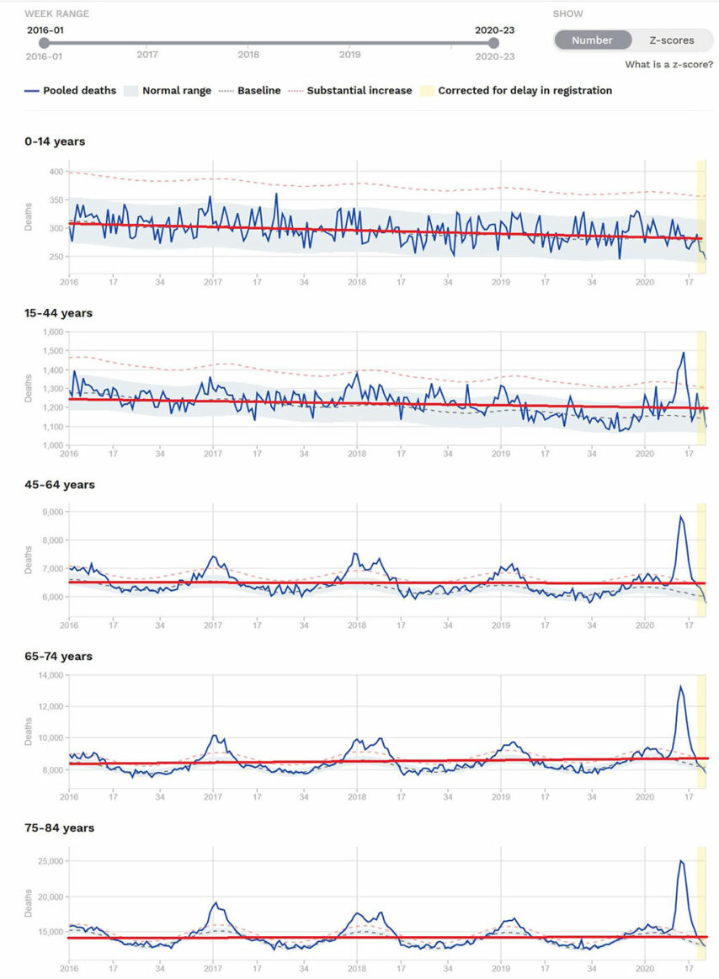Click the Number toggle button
point(593,40)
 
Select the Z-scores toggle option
point(671,40)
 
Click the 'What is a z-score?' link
point(668,65)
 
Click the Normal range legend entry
point(168,90)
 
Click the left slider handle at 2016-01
point(45,43)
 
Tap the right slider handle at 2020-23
point(494,43)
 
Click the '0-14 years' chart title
point(55,141)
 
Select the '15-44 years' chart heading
point(58,313)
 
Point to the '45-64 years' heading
point(59,485)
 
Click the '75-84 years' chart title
point(59,828)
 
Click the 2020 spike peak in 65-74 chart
point(680,686)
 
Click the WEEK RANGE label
point(56,14)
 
